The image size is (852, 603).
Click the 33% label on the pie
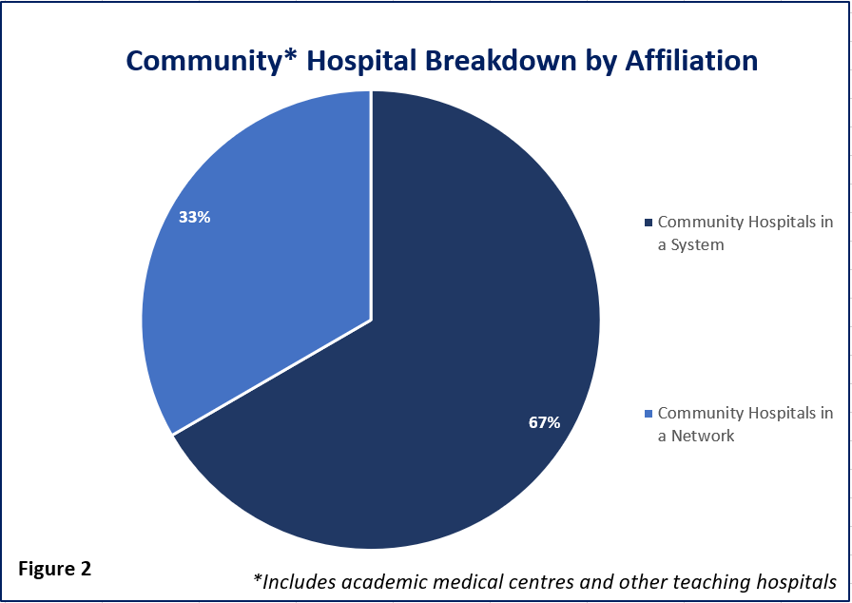pos(195,217)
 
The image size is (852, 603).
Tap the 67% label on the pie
pos(545,422)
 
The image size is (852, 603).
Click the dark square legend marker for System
pos(648,223)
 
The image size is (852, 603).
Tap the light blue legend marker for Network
pos(648,414)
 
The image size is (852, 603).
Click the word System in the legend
pos(697,245)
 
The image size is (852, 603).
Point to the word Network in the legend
pos(703,436)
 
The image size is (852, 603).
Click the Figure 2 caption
pos(55,569)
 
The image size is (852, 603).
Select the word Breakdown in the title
pos(500,60)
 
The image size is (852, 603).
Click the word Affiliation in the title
pos(691,60)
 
